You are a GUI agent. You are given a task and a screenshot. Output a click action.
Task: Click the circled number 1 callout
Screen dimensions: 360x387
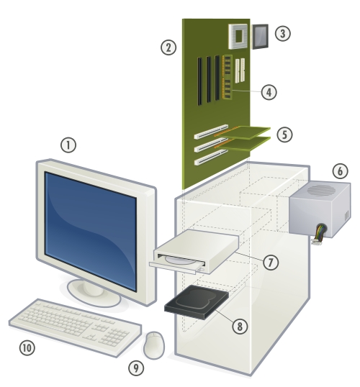coord(68,145)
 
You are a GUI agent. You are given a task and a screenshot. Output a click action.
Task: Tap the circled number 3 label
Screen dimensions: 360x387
coord(283,33)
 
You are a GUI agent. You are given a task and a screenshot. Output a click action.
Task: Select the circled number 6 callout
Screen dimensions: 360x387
coord(340,170)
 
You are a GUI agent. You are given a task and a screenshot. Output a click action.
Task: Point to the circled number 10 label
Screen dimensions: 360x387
coord(27,347)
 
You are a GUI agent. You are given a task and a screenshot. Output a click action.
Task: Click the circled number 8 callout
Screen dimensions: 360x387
coord(240,327)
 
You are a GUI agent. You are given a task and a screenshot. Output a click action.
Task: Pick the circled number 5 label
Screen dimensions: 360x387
coord(284,135)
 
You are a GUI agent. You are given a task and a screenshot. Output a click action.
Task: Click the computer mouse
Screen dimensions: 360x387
coord(154,345)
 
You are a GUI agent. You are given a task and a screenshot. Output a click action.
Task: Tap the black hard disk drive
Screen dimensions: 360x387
coord(197,302)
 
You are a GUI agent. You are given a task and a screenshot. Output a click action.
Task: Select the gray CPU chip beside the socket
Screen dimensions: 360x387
coord(260,36)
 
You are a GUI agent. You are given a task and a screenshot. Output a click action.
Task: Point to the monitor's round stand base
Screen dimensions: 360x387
coord(94,293)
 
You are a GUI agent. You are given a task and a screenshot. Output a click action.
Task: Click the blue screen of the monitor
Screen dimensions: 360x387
coord(91,231)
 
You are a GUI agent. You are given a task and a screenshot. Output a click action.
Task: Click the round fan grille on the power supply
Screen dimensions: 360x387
coord(321,190)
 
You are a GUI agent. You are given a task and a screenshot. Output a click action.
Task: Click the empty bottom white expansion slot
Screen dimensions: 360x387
coord(211,158)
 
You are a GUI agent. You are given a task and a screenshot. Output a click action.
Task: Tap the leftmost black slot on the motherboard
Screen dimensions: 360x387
coord(199,81)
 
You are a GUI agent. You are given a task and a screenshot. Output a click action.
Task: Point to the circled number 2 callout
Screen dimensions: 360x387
coord(168,47)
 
